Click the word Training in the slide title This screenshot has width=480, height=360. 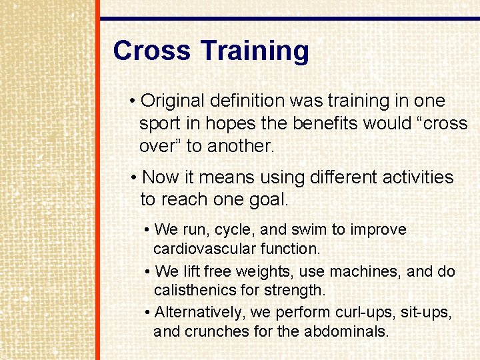pos(255,51)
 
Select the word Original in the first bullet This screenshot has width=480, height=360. pos(173,101)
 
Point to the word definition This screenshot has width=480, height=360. pos(247,101)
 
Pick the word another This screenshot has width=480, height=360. pos(241,147)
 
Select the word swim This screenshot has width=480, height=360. pos(309,230)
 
